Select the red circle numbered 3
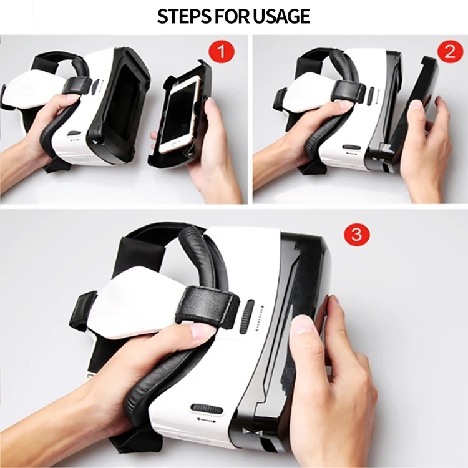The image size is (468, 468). (x=357, y=235)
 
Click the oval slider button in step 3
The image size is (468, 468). (x=207, y=409)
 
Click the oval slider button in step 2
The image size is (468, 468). (x=351, y=148)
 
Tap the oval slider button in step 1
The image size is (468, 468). (x=74, y=134)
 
